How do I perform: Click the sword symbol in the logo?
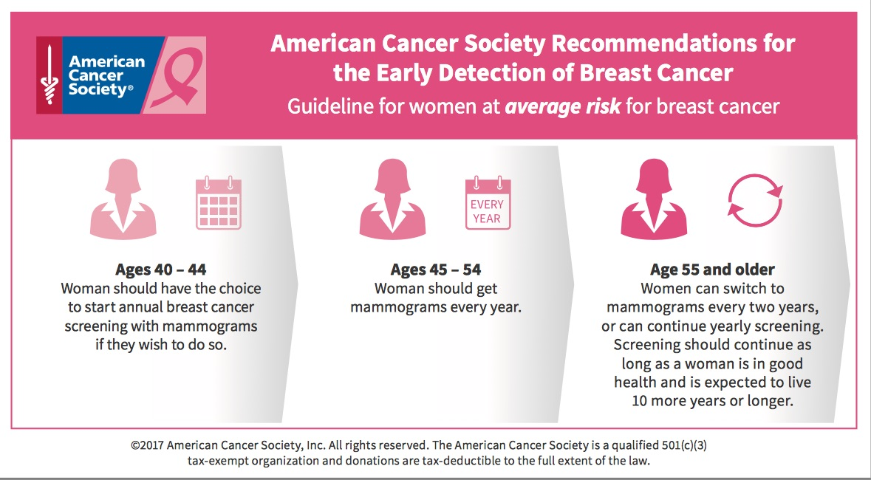point(49,75)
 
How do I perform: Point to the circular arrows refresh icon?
point(755,199)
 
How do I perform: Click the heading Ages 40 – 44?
point(161,269)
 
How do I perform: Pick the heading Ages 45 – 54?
point(436,269)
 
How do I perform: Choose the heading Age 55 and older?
point(712,269)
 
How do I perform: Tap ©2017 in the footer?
point(147,445)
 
